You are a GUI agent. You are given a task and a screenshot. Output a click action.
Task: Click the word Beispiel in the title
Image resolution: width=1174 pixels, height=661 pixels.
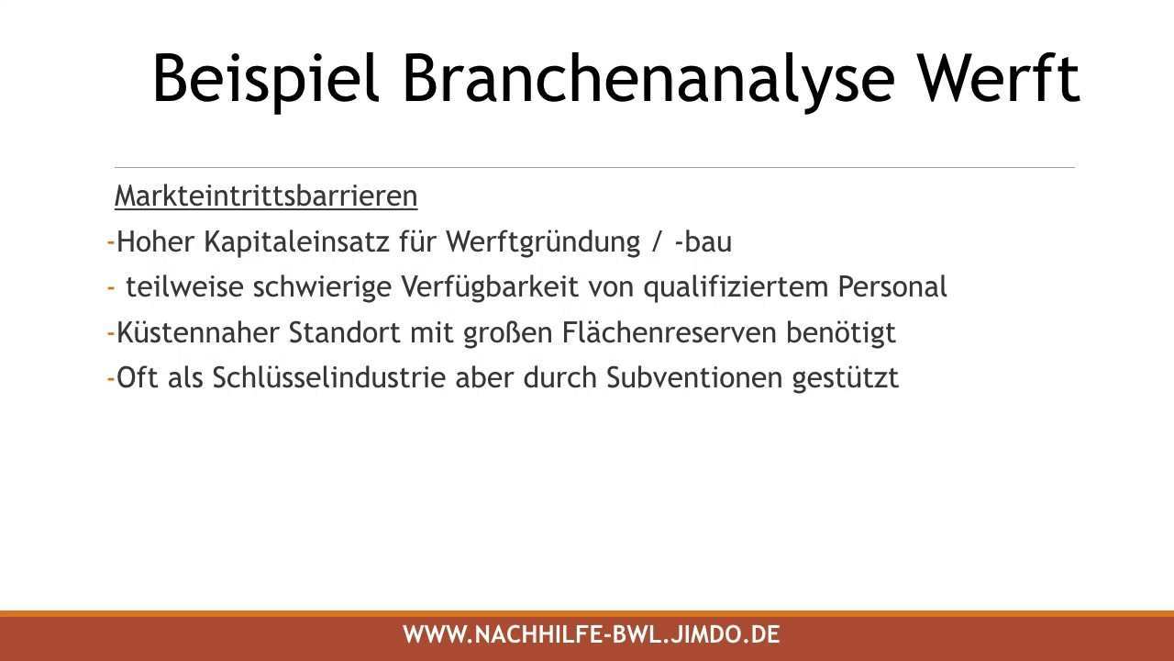[265, 80]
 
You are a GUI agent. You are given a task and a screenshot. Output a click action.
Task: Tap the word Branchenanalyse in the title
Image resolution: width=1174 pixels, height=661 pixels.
[648, 80]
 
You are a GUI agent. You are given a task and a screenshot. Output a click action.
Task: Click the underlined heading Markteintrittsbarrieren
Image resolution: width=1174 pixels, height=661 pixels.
[266, 196]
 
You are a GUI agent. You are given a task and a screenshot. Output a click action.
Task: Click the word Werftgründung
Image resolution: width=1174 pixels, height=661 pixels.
[543, 243]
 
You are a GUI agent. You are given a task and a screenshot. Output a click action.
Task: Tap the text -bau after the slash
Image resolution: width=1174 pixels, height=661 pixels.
[703, 241]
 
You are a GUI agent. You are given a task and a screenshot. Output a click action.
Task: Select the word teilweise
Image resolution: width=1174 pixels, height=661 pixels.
[184, 287]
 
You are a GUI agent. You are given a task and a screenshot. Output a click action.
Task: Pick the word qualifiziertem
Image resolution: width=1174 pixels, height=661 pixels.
[736, 288]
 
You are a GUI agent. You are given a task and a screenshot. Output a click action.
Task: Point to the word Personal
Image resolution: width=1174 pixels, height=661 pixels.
[892, 287]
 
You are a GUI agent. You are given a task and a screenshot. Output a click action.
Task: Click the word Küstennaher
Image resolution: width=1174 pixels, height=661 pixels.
[197, 332]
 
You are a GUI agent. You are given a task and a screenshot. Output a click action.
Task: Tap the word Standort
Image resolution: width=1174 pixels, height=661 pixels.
[344, 332]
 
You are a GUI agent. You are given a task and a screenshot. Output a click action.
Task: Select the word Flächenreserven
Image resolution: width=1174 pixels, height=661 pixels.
[669, 332]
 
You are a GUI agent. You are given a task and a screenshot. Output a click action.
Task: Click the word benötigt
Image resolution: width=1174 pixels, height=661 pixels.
[841, 333]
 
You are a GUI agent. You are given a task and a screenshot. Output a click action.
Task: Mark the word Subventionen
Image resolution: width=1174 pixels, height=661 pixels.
[694, 377]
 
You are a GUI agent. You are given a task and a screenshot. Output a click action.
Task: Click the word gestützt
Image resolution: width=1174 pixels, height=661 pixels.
[846, 378]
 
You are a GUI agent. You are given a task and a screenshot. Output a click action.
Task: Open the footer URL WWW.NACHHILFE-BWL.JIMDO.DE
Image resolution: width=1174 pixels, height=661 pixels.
[592, 634]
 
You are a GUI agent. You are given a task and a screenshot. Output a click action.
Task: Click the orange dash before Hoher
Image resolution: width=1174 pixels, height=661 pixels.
[111, 243]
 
